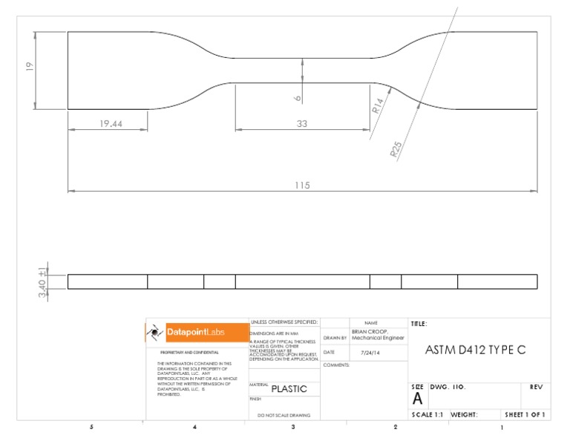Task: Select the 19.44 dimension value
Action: [x=111, y=124]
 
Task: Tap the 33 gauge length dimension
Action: [x=301, y=124]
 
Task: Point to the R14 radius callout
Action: [x=378, y=105]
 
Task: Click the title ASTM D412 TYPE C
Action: [x=475, y=350]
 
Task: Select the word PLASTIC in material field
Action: [x=289, y=389]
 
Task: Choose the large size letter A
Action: [x=417, y=399]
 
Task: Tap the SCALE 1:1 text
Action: [x=427, y=415]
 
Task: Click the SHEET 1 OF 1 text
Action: [x=525, y=415]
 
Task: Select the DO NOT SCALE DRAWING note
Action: [x=284, y=416]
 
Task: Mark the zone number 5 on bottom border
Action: [x=91, y=428]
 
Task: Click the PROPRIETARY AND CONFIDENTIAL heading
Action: [x=189, y=353]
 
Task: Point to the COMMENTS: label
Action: [x=336, y=365]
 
